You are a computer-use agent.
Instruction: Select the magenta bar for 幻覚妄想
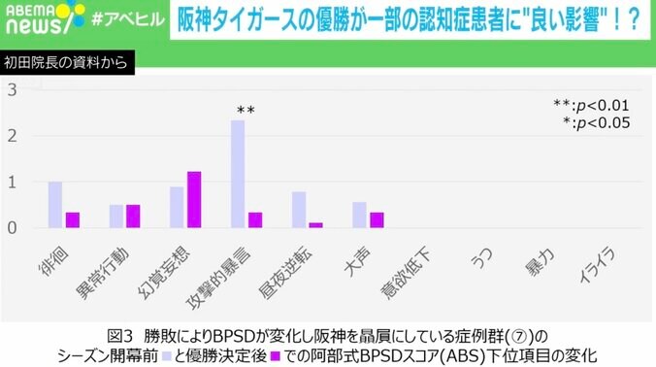click(x=193, y=200)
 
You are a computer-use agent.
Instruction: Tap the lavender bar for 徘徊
click(x=55, y=205)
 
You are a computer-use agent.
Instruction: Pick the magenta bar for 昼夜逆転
click(x=315, y=225)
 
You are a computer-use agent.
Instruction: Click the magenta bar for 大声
click(x=377, y=220)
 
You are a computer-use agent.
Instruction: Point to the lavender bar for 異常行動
click(x=116, y=217)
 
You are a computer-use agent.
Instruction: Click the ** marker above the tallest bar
click(x=246, y=111)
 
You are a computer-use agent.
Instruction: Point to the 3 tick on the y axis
click(x=13, y=90)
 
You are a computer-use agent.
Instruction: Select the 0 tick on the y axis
click(x=13, y=228)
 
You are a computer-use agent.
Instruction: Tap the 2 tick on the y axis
click(x=13, y=136)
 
